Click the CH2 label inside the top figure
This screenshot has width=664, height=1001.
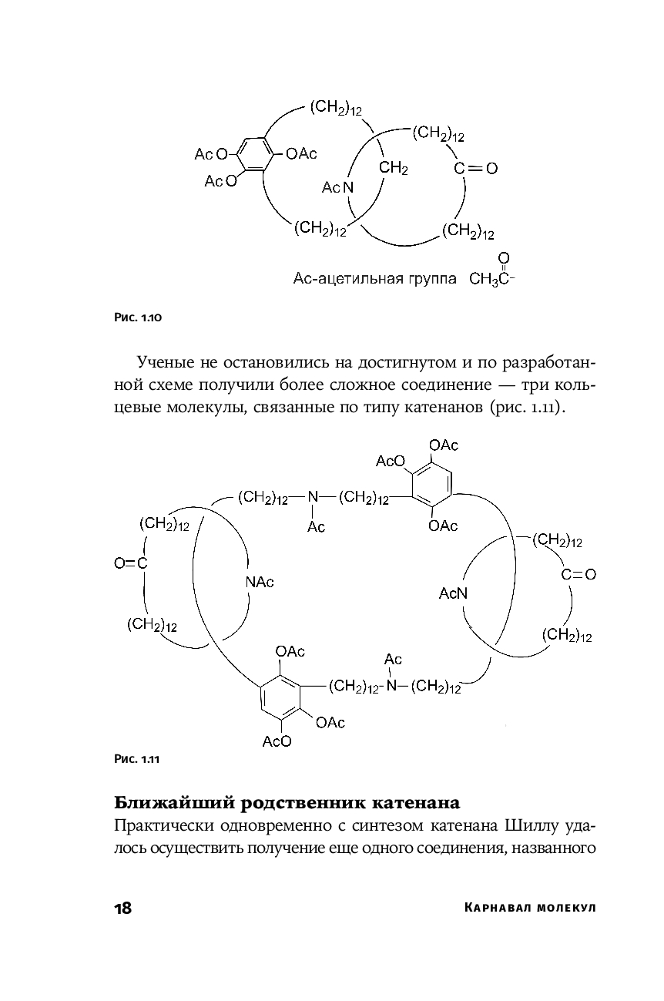tap(393, 168)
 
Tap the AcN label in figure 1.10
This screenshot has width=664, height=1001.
tap(337, 188)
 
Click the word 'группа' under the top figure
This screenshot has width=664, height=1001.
tap(432, 278)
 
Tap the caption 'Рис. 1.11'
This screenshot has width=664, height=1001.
tap(136, 759)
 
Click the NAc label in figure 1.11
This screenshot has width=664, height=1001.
tap(260, 582)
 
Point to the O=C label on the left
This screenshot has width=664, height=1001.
tap(130, 564)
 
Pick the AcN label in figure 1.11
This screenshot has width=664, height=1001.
tap(453, 593)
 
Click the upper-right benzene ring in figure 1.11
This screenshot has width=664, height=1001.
tap(431, 485)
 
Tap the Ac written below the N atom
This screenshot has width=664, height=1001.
tap(316, 527)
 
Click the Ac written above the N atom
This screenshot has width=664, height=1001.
tap(393, 660)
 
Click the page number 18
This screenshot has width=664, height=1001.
tap(122, 908)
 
